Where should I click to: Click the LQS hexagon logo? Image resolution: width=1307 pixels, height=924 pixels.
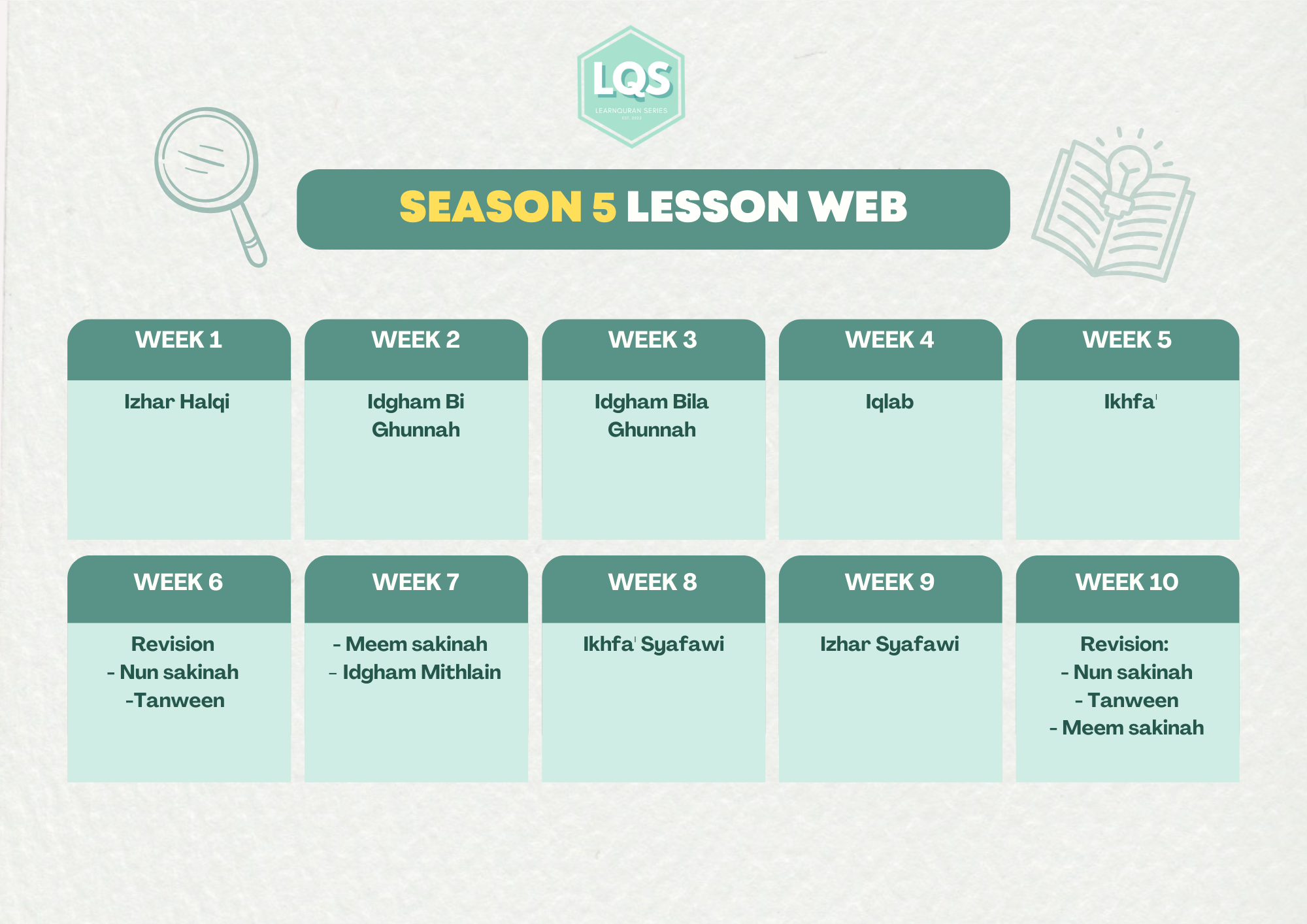pyautogui.click(x=631, y=87)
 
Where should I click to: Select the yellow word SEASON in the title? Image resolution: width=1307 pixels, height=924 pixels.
pyautogui.click(x=490, y=206)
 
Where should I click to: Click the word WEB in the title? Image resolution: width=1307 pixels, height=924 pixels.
pyautogui.click(x=857, y=206)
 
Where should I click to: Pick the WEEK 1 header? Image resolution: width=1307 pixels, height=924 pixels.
pyautogui.click(x=178, y=340)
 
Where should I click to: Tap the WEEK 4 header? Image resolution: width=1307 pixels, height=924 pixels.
pyautogui.click(x=889, y=340)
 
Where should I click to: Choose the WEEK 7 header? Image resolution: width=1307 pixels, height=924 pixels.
pyautogui.click(x=416, y=582)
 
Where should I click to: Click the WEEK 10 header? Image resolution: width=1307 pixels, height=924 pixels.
pyautogui.click(x=1127, y=582)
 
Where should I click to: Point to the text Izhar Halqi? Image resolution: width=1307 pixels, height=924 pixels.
pyautogui.click(x=177, y=402)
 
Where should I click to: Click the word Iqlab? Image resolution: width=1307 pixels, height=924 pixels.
pyautogui.click(x=889, y=402)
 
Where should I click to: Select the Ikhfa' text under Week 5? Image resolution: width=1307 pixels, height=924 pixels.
pyautogui.click(x=1130, y=401)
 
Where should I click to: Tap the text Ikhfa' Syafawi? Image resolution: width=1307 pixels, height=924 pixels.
pyautogui.click(x=653, y=644)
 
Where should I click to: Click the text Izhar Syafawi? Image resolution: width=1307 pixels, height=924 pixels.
pyautogui.click(x=889, y=644)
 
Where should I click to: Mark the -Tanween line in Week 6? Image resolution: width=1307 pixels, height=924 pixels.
pyautogui.click(x=175, y=701)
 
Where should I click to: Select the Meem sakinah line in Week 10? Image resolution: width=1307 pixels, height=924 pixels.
pyautogui.click(x=1127, y=728)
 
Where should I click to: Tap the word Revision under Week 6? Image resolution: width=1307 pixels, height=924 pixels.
pyautogui.click(x=173, y=644)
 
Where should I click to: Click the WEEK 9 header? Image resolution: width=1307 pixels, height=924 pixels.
pyautogui.click(x=889, y=582)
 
